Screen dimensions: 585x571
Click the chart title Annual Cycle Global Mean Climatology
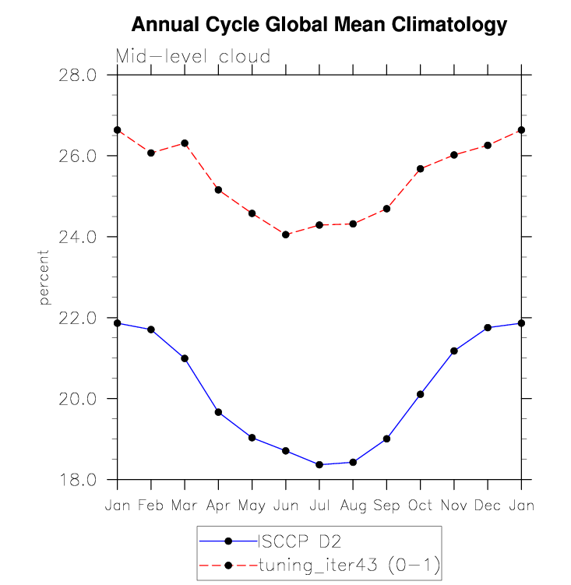click(319, 25)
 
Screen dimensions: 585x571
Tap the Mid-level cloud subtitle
click(193, 56)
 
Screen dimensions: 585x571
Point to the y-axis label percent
click(44, 277)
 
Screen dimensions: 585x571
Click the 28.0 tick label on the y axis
click(78, 76)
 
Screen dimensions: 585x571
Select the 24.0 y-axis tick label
click(78, 237)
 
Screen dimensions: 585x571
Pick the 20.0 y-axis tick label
click(78, 399)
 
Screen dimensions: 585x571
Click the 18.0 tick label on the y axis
click(78, 480)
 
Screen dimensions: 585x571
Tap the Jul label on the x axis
click(319, 506)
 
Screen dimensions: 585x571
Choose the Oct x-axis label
click(420, 506)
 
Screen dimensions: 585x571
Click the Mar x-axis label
click(185, 506)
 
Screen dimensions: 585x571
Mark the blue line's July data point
click(319, 464)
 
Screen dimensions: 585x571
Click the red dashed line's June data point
click(286, 234)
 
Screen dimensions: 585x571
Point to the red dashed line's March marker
click(185, 143)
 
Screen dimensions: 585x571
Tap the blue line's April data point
click(218, 412)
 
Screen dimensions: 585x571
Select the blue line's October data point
click(420, 394)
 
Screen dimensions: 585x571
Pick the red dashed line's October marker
click(420, 169)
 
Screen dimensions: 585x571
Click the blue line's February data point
click(151, 330)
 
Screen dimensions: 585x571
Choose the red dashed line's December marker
click(488, 146)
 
